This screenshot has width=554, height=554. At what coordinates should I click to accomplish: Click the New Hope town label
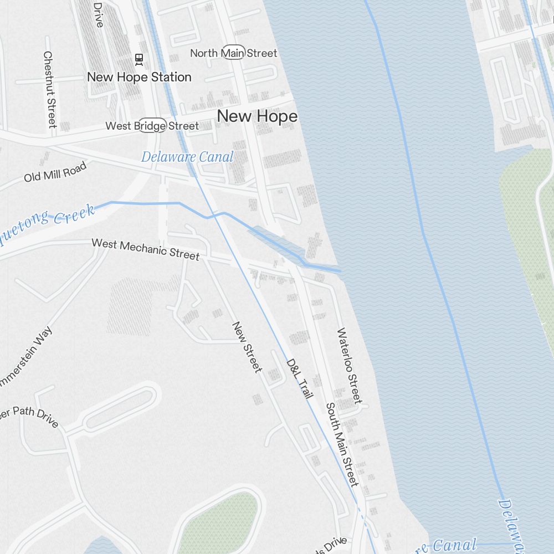[257, 116]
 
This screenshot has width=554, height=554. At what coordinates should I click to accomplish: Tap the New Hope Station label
[139, 77]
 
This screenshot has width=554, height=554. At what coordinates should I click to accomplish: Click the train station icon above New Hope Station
[138, 58]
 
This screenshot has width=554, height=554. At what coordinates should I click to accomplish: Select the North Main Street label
[233, 53]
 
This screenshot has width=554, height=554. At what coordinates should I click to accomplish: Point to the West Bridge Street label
[152, 126]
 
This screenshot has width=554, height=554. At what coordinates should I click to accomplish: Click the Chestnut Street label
[50, 89]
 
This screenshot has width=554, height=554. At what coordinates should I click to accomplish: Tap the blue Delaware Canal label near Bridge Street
[187, 157]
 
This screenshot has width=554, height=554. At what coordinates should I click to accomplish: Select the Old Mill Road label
[55, 172]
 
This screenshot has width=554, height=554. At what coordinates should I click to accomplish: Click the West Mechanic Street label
[145, 249]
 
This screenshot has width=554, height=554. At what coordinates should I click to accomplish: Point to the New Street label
[247, 347]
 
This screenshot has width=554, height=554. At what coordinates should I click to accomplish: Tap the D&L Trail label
[300, 378]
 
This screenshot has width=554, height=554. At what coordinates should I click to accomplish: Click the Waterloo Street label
[349, 366]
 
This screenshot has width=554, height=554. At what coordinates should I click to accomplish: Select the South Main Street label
[342, 444]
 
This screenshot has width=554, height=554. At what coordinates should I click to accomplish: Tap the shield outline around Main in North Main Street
[233, 53]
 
